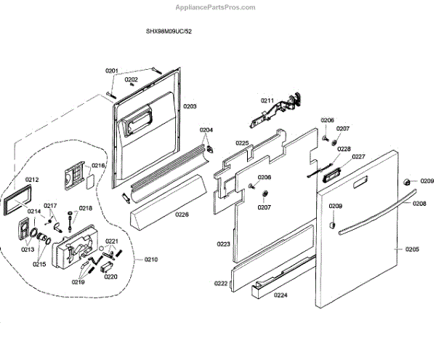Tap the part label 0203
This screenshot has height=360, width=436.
click(190, 106)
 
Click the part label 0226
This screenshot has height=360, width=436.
click(182, 214)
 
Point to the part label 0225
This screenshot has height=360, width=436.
click(242, 143)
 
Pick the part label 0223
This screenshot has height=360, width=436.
click(223, 244)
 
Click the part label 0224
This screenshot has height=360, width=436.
click(280, 295)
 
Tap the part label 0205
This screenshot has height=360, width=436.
click(412, 249)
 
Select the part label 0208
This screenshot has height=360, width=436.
click(420, 204)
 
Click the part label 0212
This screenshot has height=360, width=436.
click(32, 180)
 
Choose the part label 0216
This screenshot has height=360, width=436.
click(99, 166)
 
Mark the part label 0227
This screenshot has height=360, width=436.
click(359, 157)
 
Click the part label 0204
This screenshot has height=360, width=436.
click(207, 131)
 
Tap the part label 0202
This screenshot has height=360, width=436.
click(132, 79)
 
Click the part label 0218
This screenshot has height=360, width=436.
click(86, 208)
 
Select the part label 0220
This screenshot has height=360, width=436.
click(110, 276)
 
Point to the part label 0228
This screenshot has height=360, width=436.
click(344, 149)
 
